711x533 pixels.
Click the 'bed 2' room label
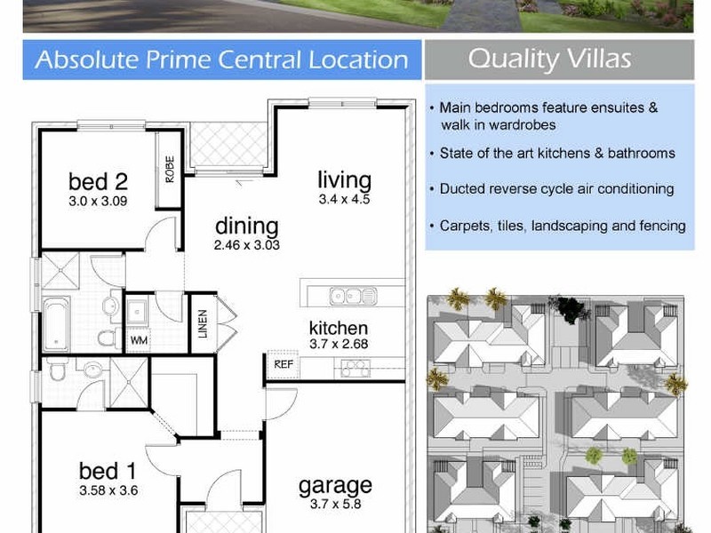tap(98, 182)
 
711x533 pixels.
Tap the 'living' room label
tap(344, 179)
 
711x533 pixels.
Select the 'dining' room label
tap(246, 226)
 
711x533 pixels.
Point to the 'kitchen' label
tap(339, 327)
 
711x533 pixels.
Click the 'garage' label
tap(335, 485)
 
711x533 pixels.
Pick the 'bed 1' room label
tap(108, 471)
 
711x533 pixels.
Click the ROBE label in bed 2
tap(170, 169)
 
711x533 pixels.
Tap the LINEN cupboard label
tap(203, 323)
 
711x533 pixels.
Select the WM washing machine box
tap(139, 340)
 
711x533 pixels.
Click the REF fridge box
tap(284, 364)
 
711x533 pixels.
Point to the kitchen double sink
tap(353, 295)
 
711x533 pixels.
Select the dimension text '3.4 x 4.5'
tap(344, 200)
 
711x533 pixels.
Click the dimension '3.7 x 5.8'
tap(335, 505)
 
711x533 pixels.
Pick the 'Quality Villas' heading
tap(549, 60)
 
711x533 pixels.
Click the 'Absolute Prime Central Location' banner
tap(221, 60)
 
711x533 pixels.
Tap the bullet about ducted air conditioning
tap(556, 189)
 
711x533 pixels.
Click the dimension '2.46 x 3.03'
tap(246, 245)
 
